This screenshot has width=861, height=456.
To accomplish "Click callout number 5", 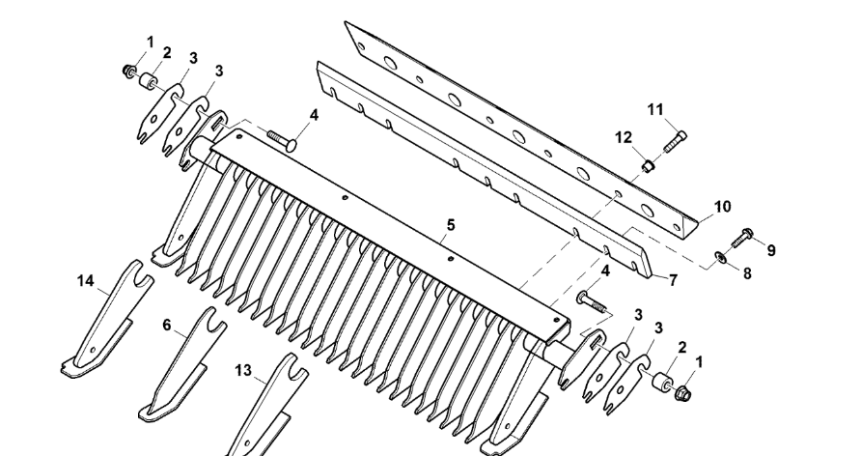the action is click(450, 225).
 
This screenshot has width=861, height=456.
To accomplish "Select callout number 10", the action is click(723, 207).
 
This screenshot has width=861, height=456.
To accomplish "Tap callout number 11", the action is click(655, 110).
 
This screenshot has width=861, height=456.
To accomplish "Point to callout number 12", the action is click(624, 137).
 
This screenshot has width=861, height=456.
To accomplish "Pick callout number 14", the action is click(85, 281).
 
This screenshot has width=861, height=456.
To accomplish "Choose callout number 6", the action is click(167, 326).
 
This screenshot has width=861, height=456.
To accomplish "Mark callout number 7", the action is click(673, 280).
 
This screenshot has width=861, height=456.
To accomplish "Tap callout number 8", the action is click(747, 273).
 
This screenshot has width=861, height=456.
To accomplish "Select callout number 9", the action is click(771, 250).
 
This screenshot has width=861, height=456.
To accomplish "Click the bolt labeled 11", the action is click(675, 141).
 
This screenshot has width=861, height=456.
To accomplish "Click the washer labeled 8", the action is click(719, 256).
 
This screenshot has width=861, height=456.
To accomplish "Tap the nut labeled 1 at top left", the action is click(129, 71).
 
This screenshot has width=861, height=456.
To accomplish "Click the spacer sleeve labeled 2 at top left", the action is click(147, 82).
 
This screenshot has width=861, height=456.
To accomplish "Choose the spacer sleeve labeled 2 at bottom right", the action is click(660, 381).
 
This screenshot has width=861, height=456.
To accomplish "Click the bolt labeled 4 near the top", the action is click(283, 139).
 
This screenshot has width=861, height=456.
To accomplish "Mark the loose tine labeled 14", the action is click(104, 319).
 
